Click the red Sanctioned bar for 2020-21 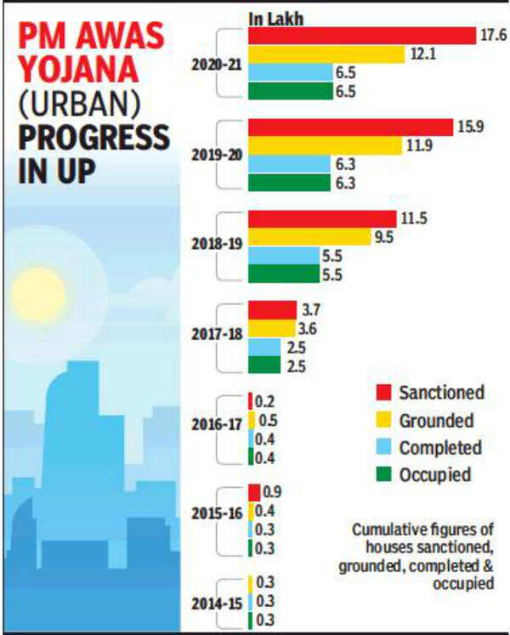[361, 35]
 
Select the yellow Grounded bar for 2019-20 [324, 145]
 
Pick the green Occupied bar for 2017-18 [263, 365]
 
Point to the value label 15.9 [469, 127]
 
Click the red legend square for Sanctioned [384, 392]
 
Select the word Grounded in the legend [436, 420]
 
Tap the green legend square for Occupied [384, 475]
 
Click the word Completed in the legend [439, 447]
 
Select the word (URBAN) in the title [81, 105]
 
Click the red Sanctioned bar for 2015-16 [254, 493]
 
